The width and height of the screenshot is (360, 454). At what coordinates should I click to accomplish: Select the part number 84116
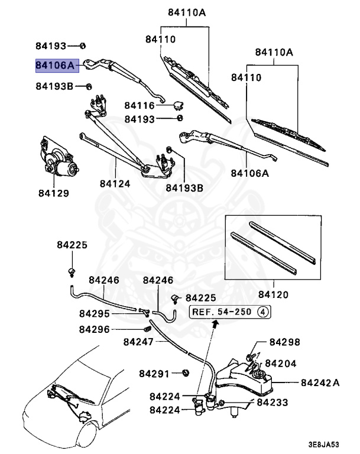pyautogui.click(x=139, y=106)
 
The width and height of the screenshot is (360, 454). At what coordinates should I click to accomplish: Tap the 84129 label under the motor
pyautogui.click(x=54, y=193)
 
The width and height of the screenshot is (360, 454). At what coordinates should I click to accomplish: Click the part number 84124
pyautogui.click(x=115, y=184)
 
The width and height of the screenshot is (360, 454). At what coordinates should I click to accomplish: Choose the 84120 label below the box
pyautogui.click(x=273, y=294)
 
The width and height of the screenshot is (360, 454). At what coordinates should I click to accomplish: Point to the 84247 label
pyautogui.click(x=139, y=342)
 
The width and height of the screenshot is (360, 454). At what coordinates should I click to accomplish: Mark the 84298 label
pyautogui.click(x=285, y=342)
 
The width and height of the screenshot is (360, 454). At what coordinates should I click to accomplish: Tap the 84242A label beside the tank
pyautogui.click(x=320, y=382)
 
